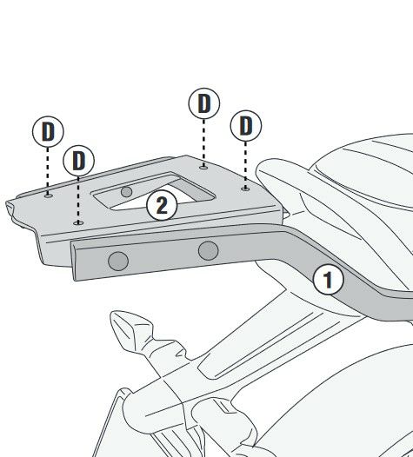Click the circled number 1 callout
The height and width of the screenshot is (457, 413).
[328, 279]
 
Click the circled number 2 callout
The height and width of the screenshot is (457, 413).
[162, 205]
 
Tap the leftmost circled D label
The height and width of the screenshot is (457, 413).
[48, 132]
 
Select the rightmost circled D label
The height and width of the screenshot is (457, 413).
[246, 126]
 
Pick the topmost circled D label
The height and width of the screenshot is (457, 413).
[203, 103]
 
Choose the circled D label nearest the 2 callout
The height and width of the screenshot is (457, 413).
[78, 161]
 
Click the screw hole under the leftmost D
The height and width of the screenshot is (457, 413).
[49, 195]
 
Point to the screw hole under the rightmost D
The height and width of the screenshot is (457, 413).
[245, 189]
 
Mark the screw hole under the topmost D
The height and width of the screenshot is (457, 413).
[203, 167]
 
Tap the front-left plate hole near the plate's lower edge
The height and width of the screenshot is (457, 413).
[78, 223]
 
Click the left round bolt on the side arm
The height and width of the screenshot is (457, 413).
[118, 261]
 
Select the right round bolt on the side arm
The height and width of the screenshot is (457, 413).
[209, 250]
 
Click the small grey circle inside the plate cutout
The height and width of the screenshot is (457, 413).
[126, 192]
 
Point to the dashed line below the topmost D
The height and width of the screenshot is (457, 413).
[203, 142]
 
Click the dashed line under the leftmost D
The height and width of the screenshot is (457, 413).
[48, 170]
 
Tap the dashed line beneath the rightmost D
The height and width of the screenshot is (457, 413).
[245, 164]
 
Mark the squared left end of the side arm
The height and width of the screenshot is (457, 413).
[73, 261]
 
